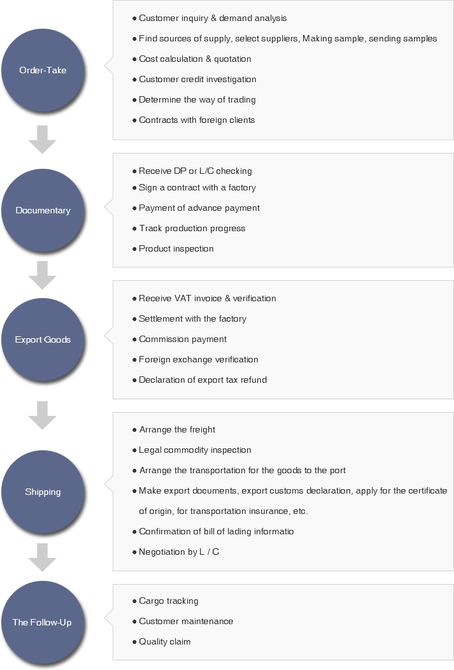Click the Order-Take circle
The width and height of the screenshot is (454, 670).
click(43, 70)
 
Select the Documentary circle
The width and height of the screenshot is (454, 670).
click(43, 210)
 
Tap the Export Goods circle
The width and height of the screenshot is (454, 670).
click(43, 339)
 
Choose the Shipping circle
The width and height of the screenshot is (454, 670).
click(43, 492)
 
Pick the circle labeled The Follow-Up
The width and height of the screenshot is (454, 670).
click(43, 622)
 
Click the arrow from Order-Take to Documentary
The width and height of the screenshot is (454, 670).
click(42, 139)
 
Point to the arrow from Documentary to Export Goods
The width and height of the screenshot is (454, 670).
click(42, 275)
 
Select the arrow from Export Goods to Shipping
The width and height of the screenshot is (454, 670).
click(42, 415)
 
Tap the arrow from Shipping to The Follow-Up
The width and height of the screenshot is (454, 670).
click(42, 557)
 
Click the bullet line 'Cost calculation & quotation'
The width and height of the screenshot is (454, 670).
click(192, 59)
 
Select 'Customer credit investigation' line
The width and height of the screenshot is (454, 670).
click(195, 80)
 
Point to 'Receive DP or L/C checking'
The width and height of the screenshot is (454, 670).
click(192, 171)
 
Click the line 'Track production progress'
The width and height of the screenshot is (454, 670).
click(189, 228)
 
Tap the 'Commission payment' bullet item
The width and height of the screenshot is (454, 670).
click(180, 339)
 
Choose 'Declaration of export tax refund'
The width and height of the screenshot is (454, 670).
click(200, 380)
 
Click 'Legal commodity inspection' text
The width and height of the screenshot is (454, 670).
click(192, 450)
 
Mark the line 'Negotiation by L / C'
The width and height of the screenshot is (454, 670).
click(176, 552)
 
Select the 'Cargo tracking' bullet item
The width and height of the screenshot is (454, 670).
click(166, 601)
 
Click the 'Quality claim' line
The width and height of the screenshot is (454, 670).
click(162, 642)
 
